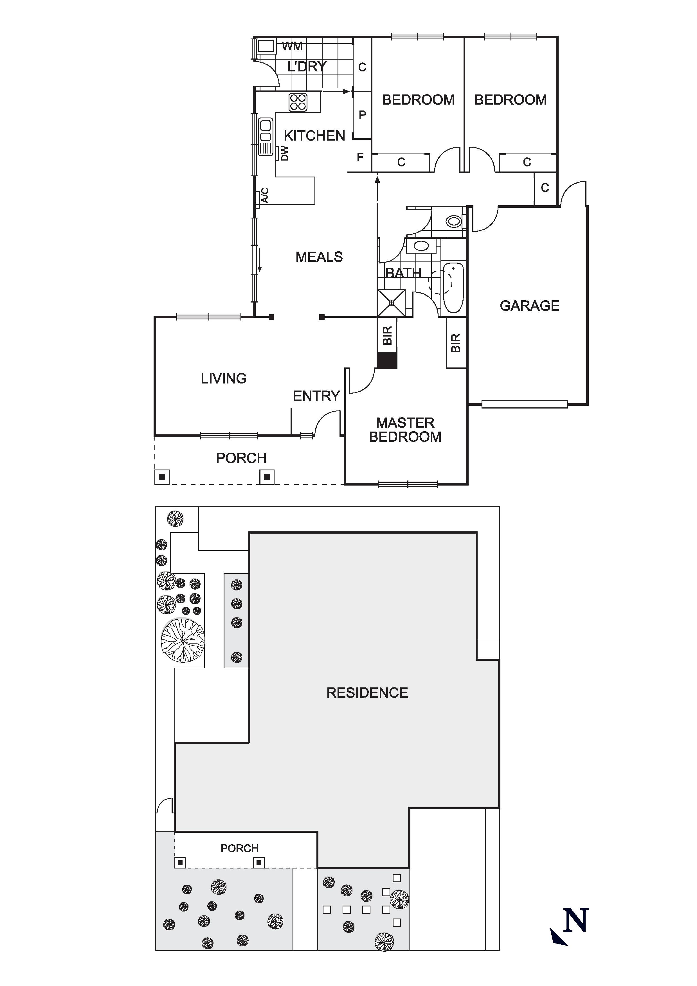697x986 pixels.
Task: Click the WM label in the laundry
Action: (x=292, y=46)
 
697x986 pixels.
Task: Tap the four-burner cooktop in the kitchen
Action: (x=298, y=102)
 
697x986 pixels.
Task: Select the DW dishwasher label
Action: (x=284, y=153)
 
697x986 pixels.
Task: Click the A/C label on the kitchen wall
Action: (x=265, y=195)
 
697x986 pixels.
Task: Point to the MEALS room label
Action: (x=319, y=257)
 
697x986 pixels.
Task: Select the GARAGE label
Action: (x=529, y=306)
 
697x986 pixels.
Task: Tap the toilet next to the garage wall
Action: (x=454, y=222)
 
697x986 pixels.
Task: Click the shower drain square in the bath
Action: (x=391, y=303)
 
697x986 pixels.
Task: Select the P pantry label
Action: (x=362, y=115)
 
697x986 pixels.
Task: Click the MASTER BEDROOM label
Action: (x=405, y=430)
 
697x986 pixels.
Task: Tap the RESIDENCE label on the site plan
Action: (x=367, y=693)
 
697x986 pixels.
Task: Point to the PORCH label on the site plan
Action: (x=239, y=848)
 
